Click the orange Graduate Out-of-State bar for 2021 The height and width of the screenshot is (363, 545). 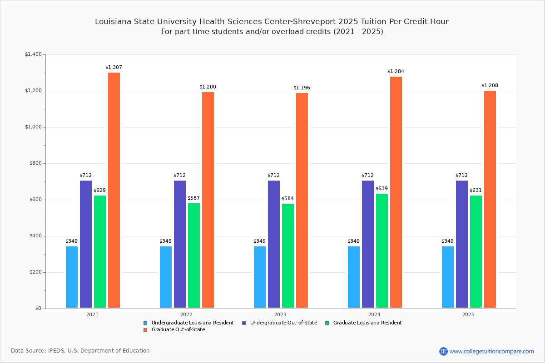coord(114,190)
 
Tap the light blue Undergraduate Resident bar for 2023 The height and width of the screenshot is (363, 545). coord(260,277)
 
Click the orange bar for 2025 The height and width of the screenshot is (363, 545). coord(490,199)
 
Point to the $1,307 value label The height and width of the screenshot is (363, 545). coord(114,68)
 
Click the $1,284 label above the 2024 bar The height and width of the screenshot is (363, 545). coord(396,72)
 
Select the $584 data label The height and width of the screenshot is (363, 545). coord(287,199)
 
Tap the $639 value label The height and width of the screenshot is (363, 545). coord(381,189)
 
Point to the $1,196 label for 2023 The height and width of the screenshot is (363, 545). coord(302,88)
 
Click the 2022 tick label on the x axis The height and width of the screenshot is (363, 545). coord(186,314)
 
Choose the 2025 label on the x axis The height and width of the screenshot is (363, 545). coord(468,314)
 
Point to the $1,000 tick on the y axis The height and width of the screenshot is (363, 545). coord(33,127)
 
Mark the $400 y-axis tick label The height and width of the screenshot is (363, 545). coord(35,236)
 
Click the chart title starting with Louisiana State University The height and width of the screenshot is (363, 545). coord(272,22)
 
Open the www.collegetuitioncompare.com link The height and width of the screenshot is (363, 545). coord(491,351)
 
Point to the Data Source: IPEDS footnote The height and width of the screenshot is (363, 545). coord(80,351)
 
